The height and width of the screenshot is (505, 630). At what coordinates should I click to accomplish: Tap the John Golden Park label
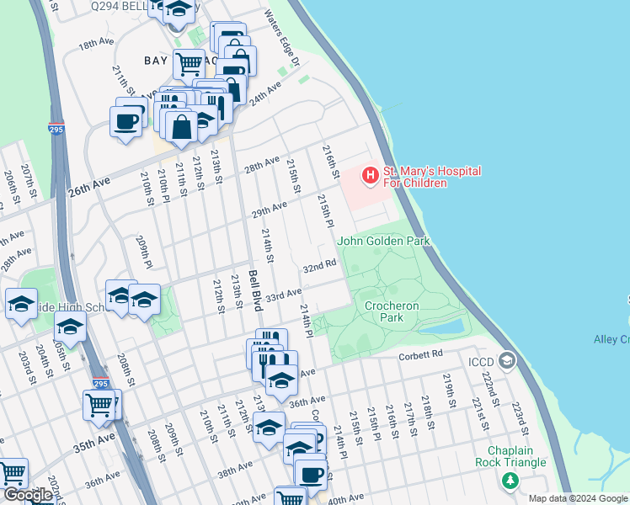click(384, 242)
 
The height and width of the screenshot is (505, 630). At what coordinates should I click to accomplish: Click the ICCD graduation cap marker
click(506, 361)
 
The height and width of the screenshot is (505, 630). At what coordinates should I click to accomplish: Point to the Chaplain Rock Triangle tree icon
click(510, 481)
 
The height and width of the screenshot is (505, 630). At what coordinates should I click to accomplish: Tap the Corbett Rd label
click(420, 355)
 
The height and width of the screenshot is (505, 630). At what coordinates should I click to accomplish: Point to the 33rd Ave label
click(283, 295)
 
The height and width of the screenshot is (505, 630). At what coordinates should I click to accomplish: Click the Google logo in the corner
click(28, 495)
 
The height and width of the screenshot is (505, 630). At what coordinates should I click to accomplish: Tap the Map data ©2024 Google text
click(578, 498)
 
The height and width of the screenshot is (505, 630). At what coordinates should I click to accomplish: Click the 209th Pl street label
click(143, 252)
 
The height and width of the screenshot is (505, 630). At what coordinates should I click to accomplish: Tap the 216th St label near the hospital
click(330, 161)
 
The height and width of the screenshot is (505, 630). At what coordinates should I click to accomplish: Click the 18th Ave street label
click(95, 45)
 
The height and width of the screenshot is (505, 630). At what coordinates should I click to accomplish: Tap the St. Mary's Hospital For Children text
click(432, 177)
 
